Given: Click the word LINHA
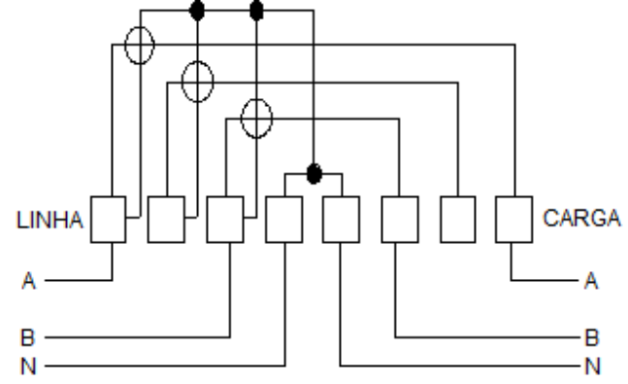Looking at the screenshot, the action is point(50,220).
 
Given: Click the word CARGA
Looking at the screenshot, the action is point(581,219).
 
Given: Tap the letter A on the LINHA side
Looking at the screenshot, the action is point(28,281).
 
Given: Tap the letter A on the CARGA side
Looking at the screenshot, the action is point(591,281).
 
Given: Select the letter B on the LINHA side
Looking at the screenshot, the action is point(27,337).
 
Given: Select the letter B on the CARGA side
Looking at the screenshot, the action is point(591,337).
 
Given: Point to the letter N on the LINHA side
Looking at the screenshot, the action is point(28,366).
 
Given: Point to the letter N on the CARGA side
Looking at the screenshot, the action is point(592,366).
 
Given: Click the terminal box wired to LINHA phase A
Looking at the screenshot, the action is point(108,220).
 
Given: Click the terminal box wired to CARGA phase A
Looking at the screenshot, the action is point(513,220).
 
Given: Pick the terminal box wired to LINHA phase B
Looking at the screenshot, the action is point(225,220).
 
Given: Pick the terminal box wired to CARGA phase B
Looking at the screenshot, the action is point(400,220).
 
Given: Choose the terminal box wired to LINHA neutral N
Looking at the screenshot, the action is point(284,220).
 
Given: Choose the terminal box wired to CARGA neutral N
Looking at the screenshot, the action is point(342,220).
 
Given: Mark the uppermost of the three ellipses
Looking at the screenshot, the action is point(125,45).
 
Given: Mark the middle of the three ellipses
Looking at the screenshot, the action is point(182,82).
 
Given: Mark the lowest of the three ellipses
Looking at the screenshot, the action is point(241,119).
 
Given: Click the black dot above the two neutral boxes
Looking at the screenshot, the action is point(314,174).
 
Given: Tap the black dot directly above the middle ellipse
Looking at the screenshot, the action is point(197,11).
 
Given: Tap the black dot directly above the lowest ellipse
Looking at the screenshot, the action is point(256,11).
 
